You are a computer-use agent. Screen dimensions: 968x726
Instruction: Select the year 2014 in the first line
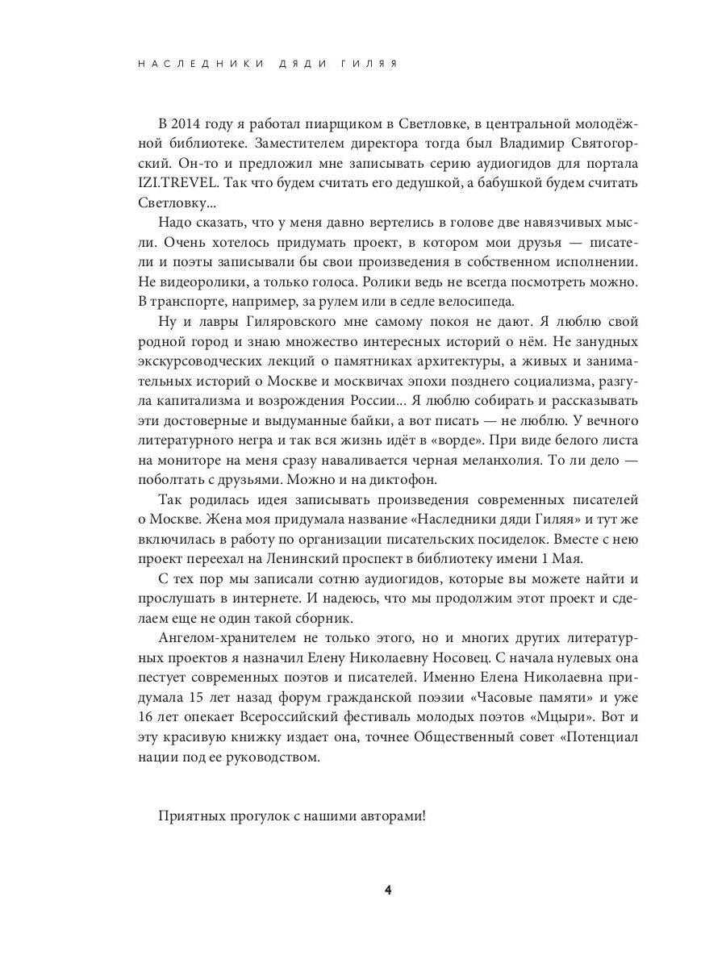[x=190, y=123]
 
